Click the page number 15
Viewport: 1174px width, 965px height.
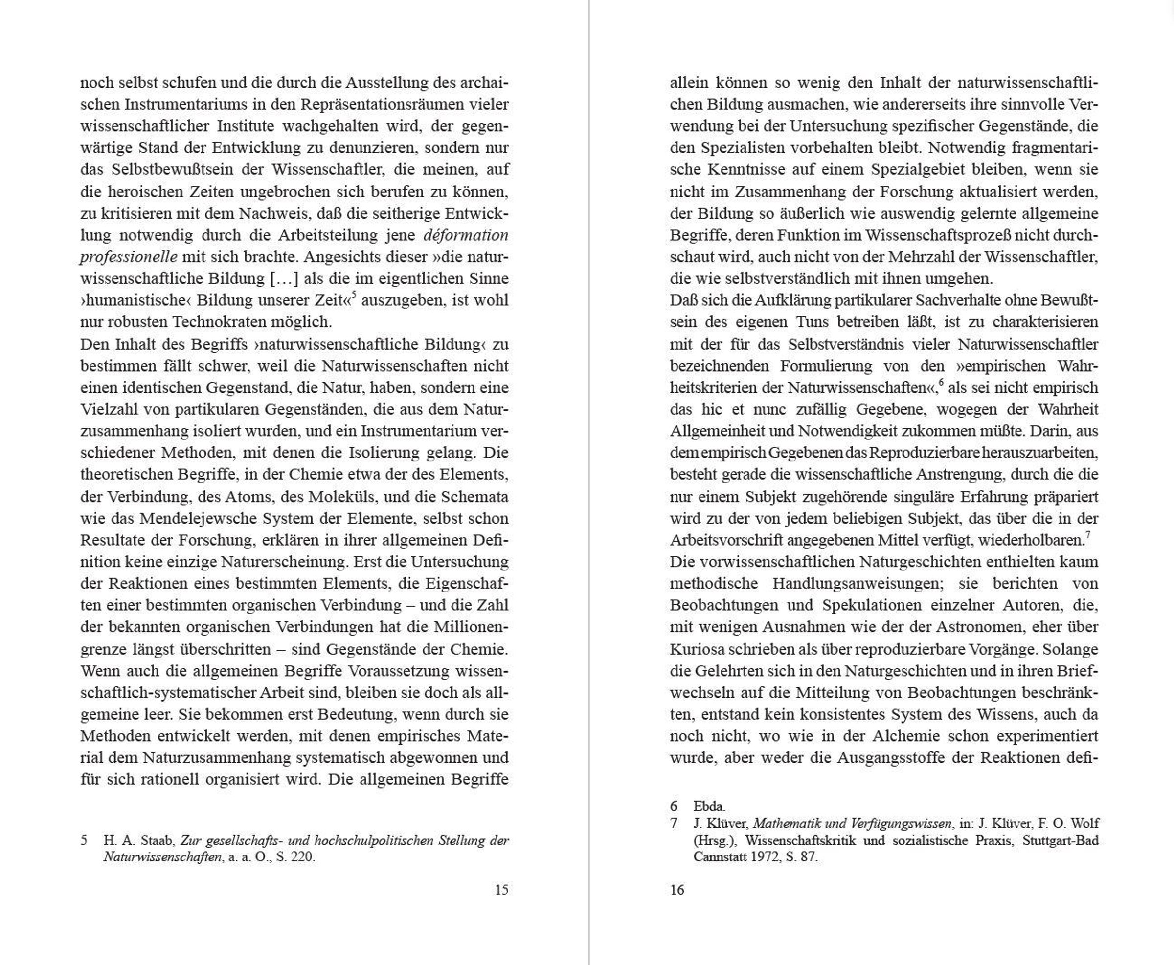point(501,890)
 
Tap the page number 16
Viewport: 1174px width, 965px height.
point(677,890)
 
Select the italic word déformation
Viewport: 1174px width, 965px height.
point(466,235)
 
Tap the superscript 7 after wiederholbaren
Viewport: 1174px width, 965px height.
point(1088,534)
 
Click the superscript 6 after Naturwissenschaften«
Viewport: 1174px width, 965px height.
point(941,382)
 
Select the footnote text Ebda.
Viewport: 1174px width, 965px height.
point(709,806)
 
